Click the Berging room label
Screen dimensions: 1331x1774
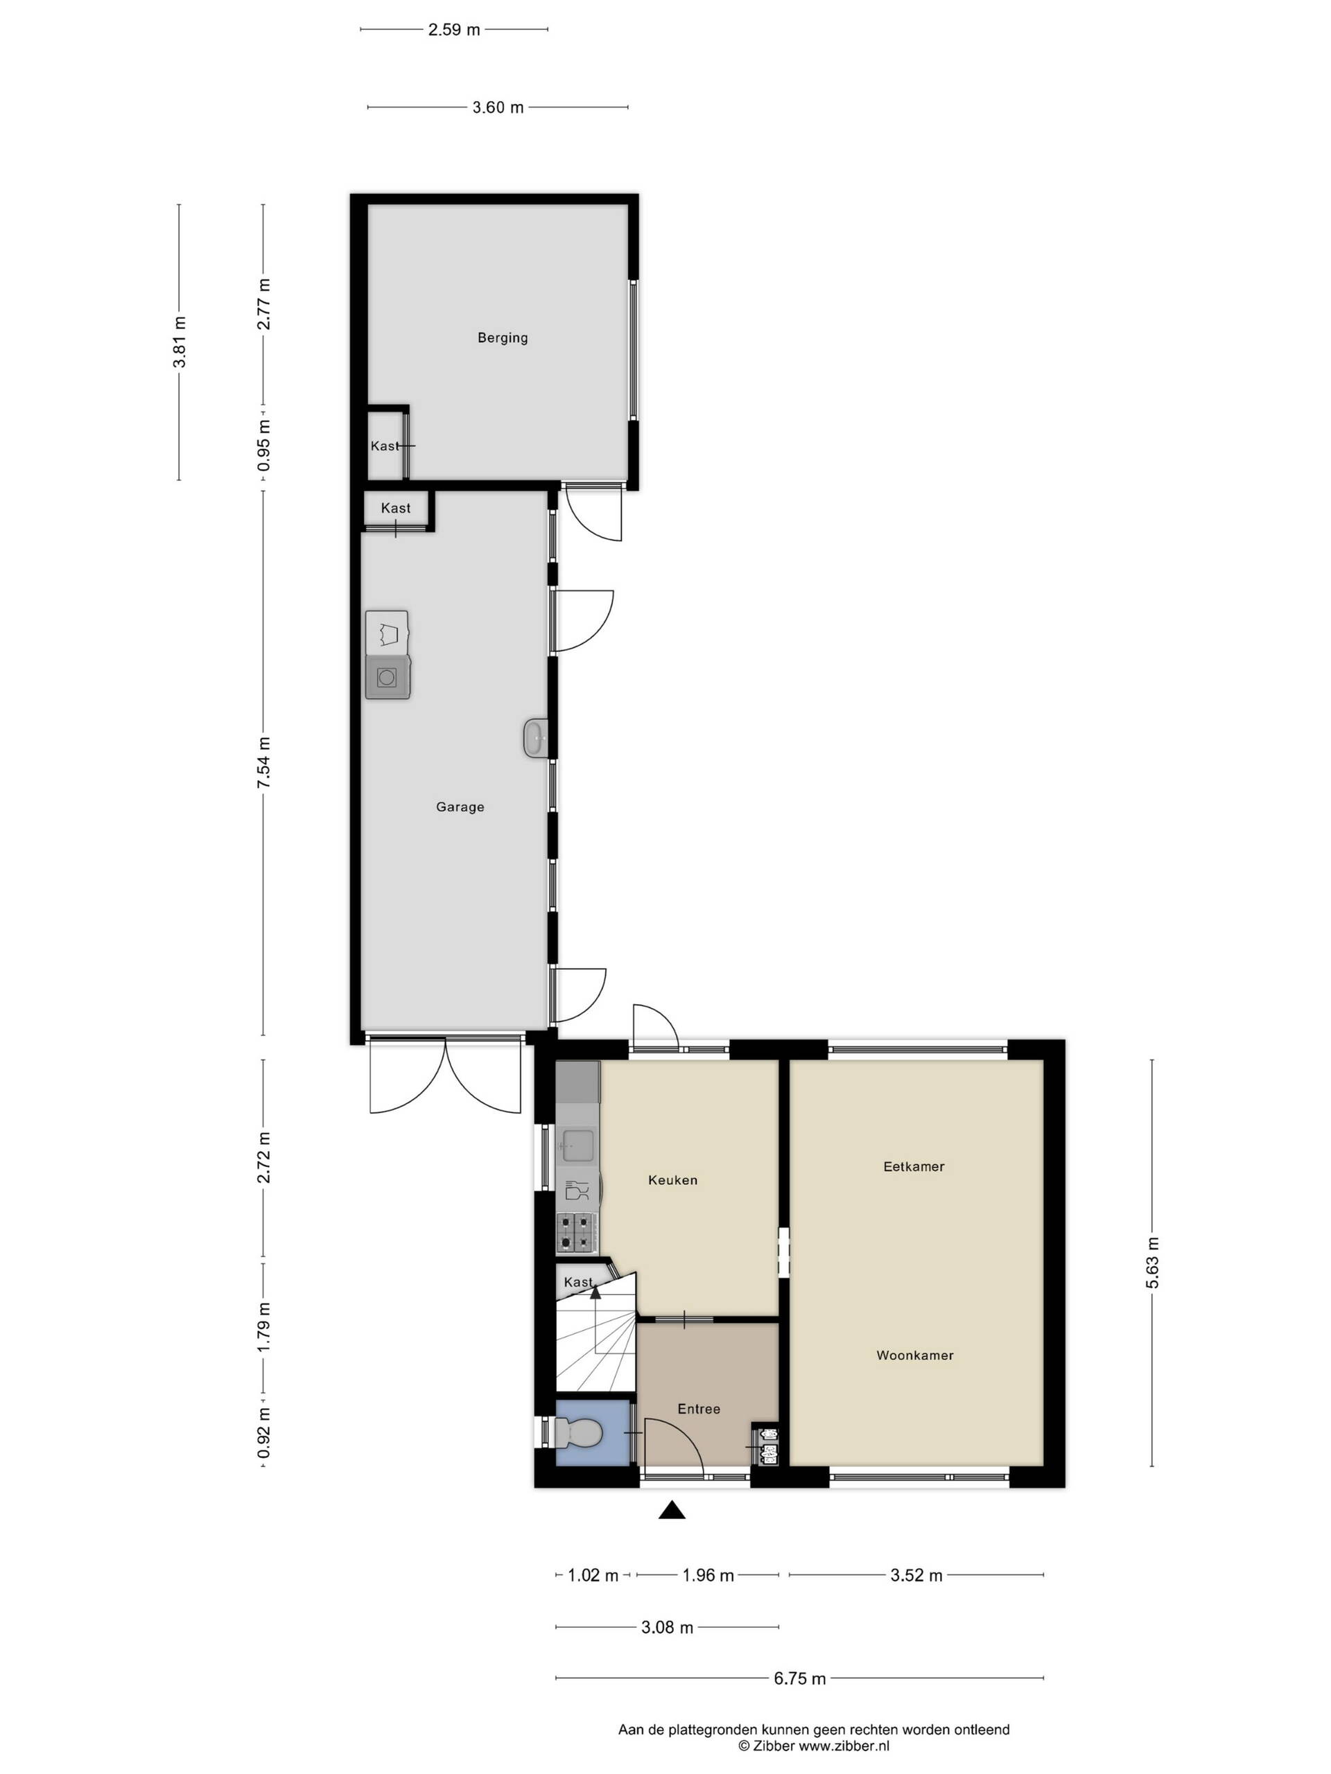(502, 337)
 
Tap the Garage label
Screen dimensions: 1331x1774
(460, 807)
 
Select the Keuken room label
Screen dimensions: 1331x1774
(672, 1179)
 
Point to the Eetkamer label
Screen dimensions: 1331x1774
(914, 1166)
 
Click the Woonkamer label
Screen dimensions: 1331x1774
(914, 1355)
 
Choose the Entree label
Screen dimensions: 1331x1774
(699, 1408)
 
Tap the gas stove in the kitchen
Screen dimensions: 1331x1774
(577, 1233)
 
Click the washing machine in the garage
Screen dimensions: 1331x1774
(388, 677)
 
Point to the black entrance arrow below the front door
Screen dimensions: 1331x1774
(672, 1511)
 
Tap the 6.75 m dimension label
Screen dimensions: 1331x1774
(799, 1678)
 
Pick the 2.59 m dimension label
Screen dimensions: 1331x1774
(454, 30)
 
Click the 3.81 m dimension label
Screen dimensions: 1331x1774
(179, 342)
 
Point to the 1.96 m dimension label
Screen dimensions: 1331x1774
(708, 1575)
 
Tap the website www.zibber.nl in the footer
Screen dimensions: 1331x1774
(844, 1746)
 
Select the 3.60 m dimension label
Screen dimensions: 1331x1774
(498, 107)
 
